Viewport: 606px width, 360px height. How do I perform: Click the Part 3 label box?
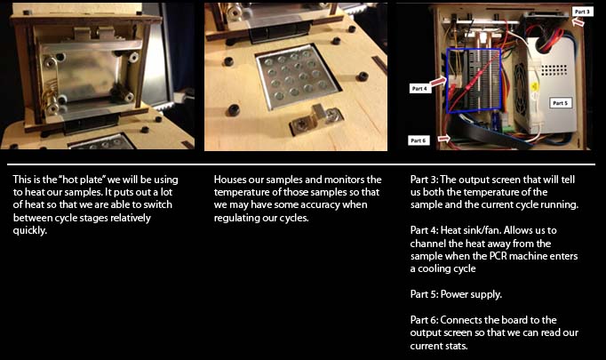tap(582, 12)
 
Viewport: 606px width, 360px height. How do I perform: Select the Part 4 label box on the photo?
tap(420, 89)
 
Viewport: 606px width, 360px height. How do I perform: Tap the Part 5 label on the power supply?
tap(561, 103)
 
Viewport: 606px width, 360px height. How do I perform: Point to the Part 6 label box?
tap(419, 140)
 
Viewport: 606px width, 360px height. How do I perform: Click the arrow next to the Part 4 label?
tap(438, 82)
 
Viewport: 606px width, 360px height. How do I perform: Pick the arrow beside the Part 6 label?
tap(443, 138)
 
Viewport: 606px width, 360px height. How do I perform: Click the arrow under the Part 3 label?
tap(578, 22)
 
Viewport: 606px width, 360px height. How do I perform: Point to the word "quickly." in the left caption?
tap(29, 230)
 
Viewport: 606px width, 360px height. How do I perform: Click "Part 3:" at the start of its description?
tap(424, 180)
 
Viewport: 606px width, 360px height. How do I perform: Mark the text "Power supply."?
tap(471, 294)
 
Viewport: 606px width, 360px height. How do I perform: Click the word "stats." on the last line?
tap(456, 346)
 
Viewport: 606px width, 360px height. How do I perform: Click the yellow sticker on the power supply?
tap(536, 86)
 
